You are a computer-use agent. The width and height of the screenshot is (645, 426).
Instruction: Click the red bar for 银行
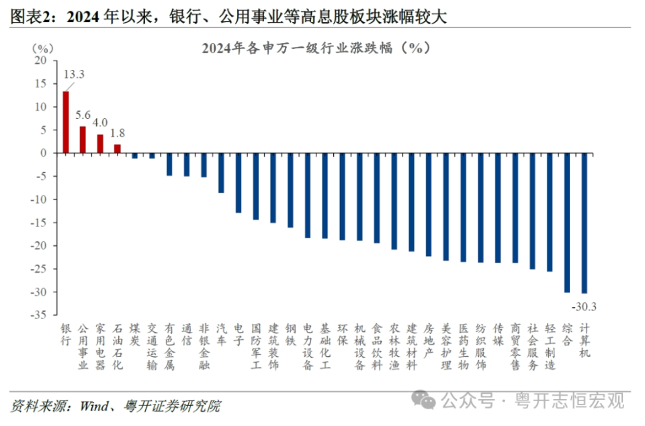[66, 122]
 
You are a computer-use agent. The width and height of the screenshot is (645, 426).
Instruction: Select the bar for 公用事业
[83, 140]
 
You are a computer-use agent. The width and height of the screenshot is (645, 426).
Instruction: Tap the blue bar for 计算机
[585, 223]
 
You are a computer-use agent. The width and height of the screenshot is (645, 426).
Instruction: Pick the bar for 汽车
[221, 173]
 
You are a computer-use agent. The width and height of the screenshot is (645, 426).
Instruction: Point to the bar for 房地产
[429, 204]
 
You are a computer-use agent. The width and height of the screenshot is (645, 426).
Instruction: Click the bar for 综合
[567, 222]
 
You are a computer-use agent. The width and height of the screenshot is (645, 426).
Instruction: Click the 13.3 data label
[73, 74]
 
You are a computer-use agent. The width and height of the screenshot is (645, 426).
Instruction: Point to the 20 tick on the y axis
[42, 60]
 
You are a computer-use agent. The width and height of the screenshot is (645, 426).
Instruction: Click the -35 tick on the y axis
[40, 315]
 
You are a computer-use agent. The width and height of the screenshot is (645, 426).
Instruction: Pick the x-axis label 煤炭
[135, 334]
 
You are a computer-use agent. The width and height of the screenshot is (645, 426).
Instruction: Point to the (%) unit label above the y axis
[40, 48]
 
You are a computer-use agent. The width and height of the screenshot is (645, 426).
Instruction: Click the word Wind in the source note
[93, 406]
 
